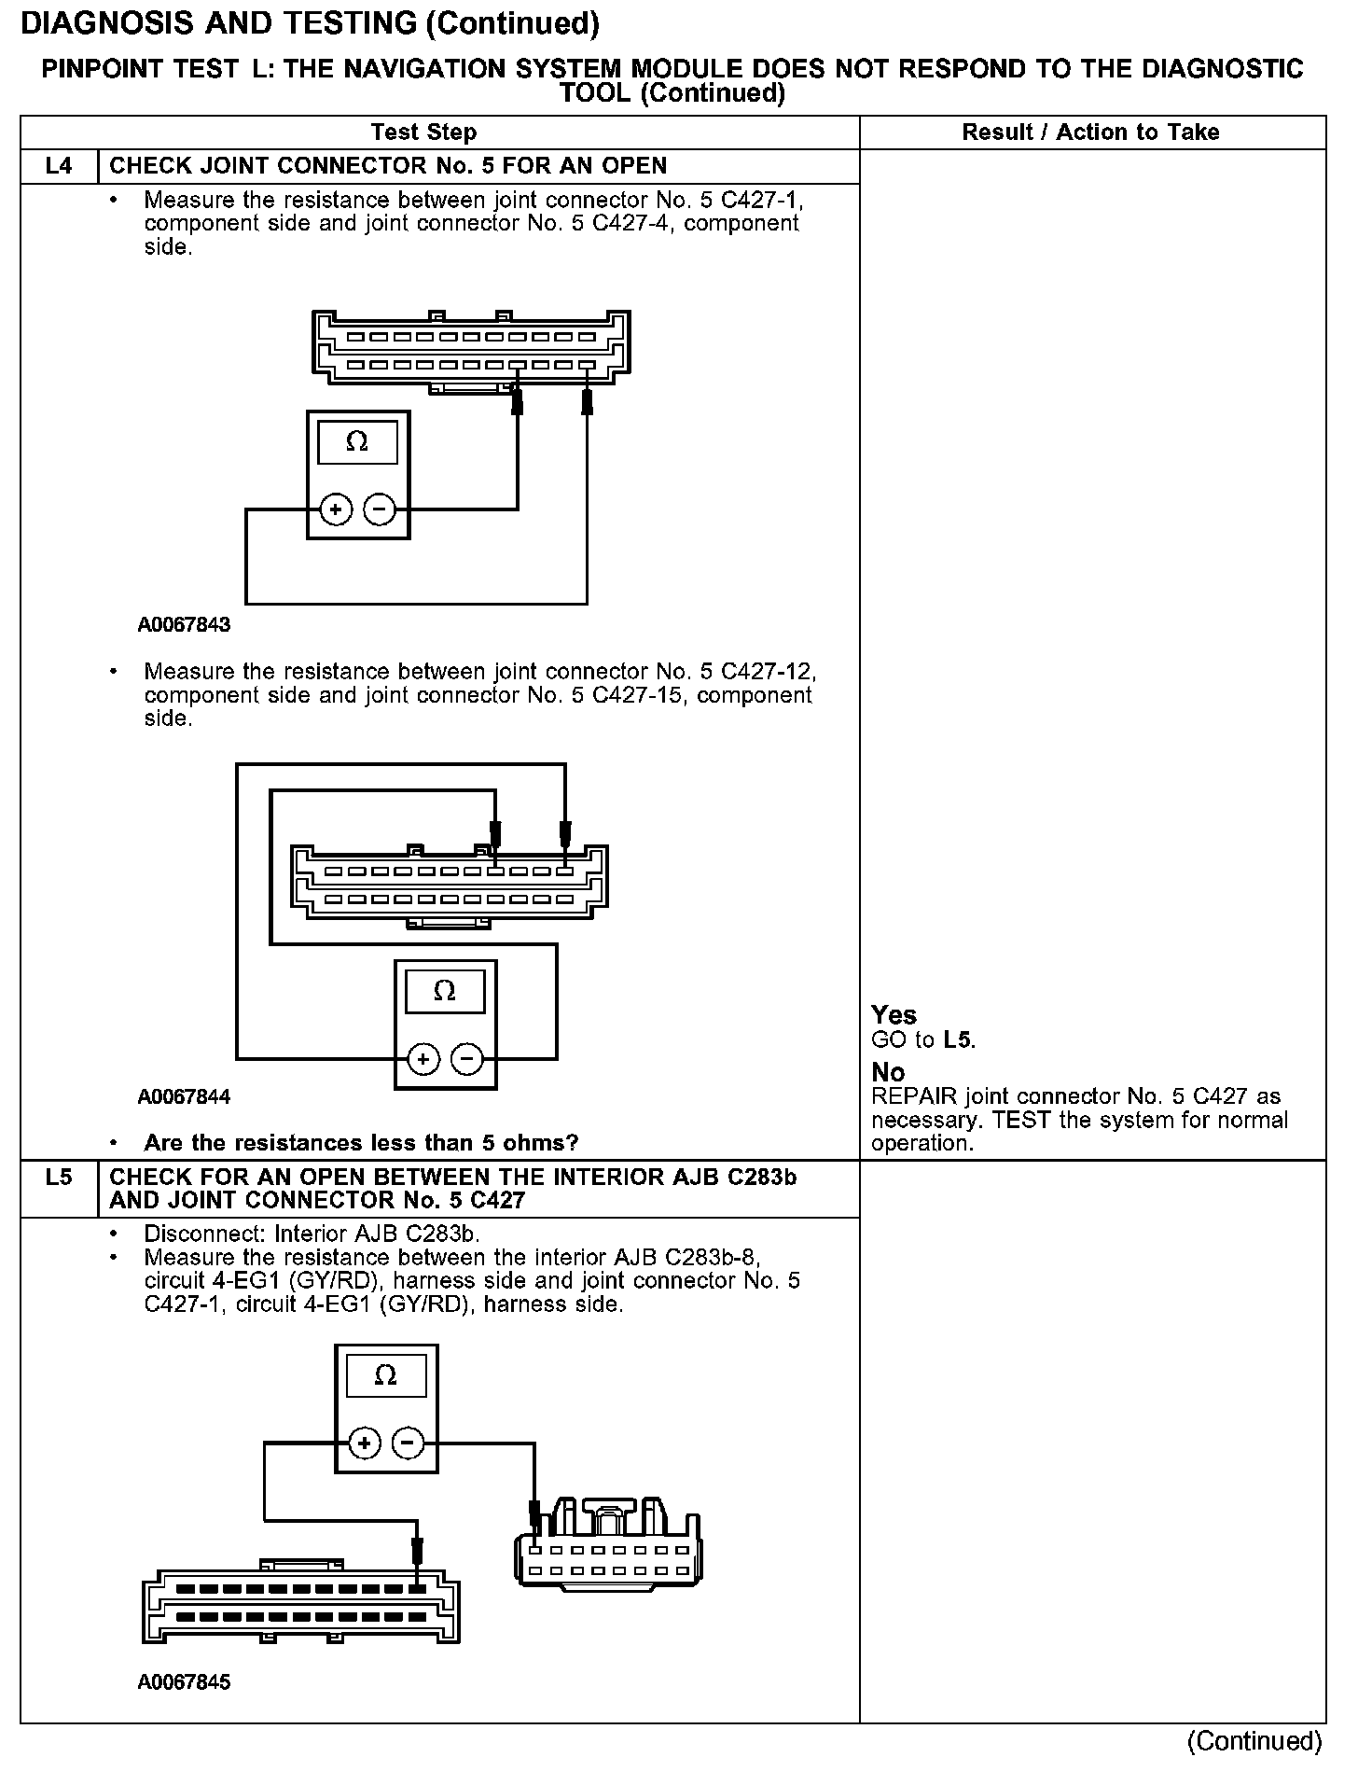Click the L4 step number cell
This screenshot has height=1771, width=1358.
coord(58,166)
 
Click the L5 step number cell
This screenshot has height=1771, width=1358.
coord(58,1178)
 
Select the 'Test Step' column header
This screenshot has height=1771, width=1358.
coord(423,132)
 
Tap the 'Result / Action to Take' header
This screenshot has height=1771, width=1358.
coord(1090,132)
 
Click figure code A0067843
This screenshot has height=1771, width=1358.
coord(184,625)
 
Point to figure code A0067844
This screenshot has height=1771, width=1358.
coord(184,1096)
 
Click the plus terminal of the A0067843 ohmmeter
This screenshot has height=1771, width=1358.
coord(336,509)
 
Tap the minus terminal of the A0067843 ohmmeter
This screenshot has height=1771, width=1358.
coord(380,509)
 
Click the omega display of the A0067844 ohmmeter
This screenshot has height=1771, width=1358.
coord(445,991)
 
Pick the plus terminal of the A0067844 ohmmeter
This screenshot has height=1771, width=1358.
coord(423,1059)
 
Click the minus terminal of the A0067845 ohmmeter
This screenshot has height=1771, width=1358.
coord(408,1444)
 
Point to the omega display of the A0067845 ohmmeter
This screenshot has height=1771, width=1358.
coord(385,1376)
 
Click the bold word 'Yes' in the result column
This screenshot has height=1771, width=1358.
coord(894,1015)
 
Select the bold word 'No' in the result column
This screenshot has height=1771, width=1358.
coord(888,1072)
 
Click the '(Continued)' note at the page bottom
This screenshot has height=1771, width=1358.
coord(1254,1741)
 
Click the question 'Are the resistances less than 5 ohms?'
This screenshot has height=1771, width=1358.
coord(361,1143)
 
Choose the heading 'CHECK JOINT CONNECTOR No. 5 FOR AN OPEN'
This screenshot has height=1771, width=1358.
coord(388,166)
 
